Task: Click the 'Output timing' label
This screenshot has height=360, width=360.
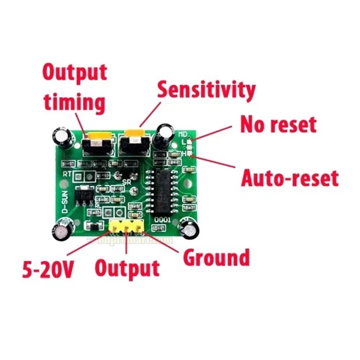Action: pos(74,87)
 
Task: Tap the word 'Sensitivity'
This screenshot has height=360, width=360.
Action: pos(206,90)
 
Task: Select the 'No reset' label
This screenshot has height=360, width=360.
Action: pos(278,124)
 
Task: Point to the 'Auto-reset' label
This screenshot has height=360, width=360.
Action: pos(289,177)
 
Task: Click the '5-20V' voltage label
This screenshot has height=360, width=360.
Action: pos(48,270)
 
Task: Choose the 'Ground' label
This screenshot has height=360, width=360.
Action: pos(216,258)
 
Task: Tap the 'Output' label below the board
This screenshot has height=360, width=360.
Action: pos(127,268)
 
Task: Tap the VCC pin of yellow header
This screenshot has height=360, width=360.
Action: pos(114,226)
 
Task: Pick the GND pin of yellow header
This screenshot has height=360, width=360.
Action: pos(137,226)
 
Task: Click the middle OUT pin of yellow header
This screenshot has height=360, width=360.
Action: pos(126,226)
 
